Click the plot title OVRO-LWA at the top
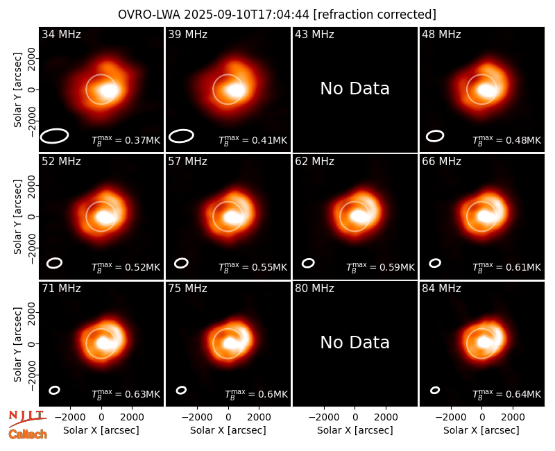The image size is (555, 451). (149, 15)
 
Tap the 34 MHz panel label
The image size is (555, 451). (61, 34)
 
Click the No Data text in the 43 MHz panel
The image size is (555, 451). (355, 89)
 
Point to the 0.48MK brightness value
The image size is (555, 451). (524, 140)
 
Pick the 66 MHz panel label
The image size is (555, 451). (441, 162)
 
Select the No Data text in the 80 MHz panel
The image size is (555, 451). (355, 342)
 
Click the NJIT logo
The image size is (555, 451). (27, 418)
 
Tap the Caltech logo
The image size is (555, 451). (28, 434)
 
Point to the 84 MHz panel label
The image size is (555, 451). (441, 289)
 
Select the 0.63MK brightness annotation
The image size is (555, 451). (143, 394)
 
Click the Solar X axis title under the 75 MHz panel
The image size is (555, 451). (228, 430)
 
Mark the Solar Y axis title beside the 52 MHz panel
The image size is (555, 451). (17, 216)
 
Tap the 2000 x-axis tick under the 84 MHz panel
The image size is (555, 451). (513, 418)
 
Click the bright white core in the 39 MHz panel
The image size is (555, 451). (234, 90)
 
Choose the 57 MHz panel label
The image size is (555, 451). (187, 162)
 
